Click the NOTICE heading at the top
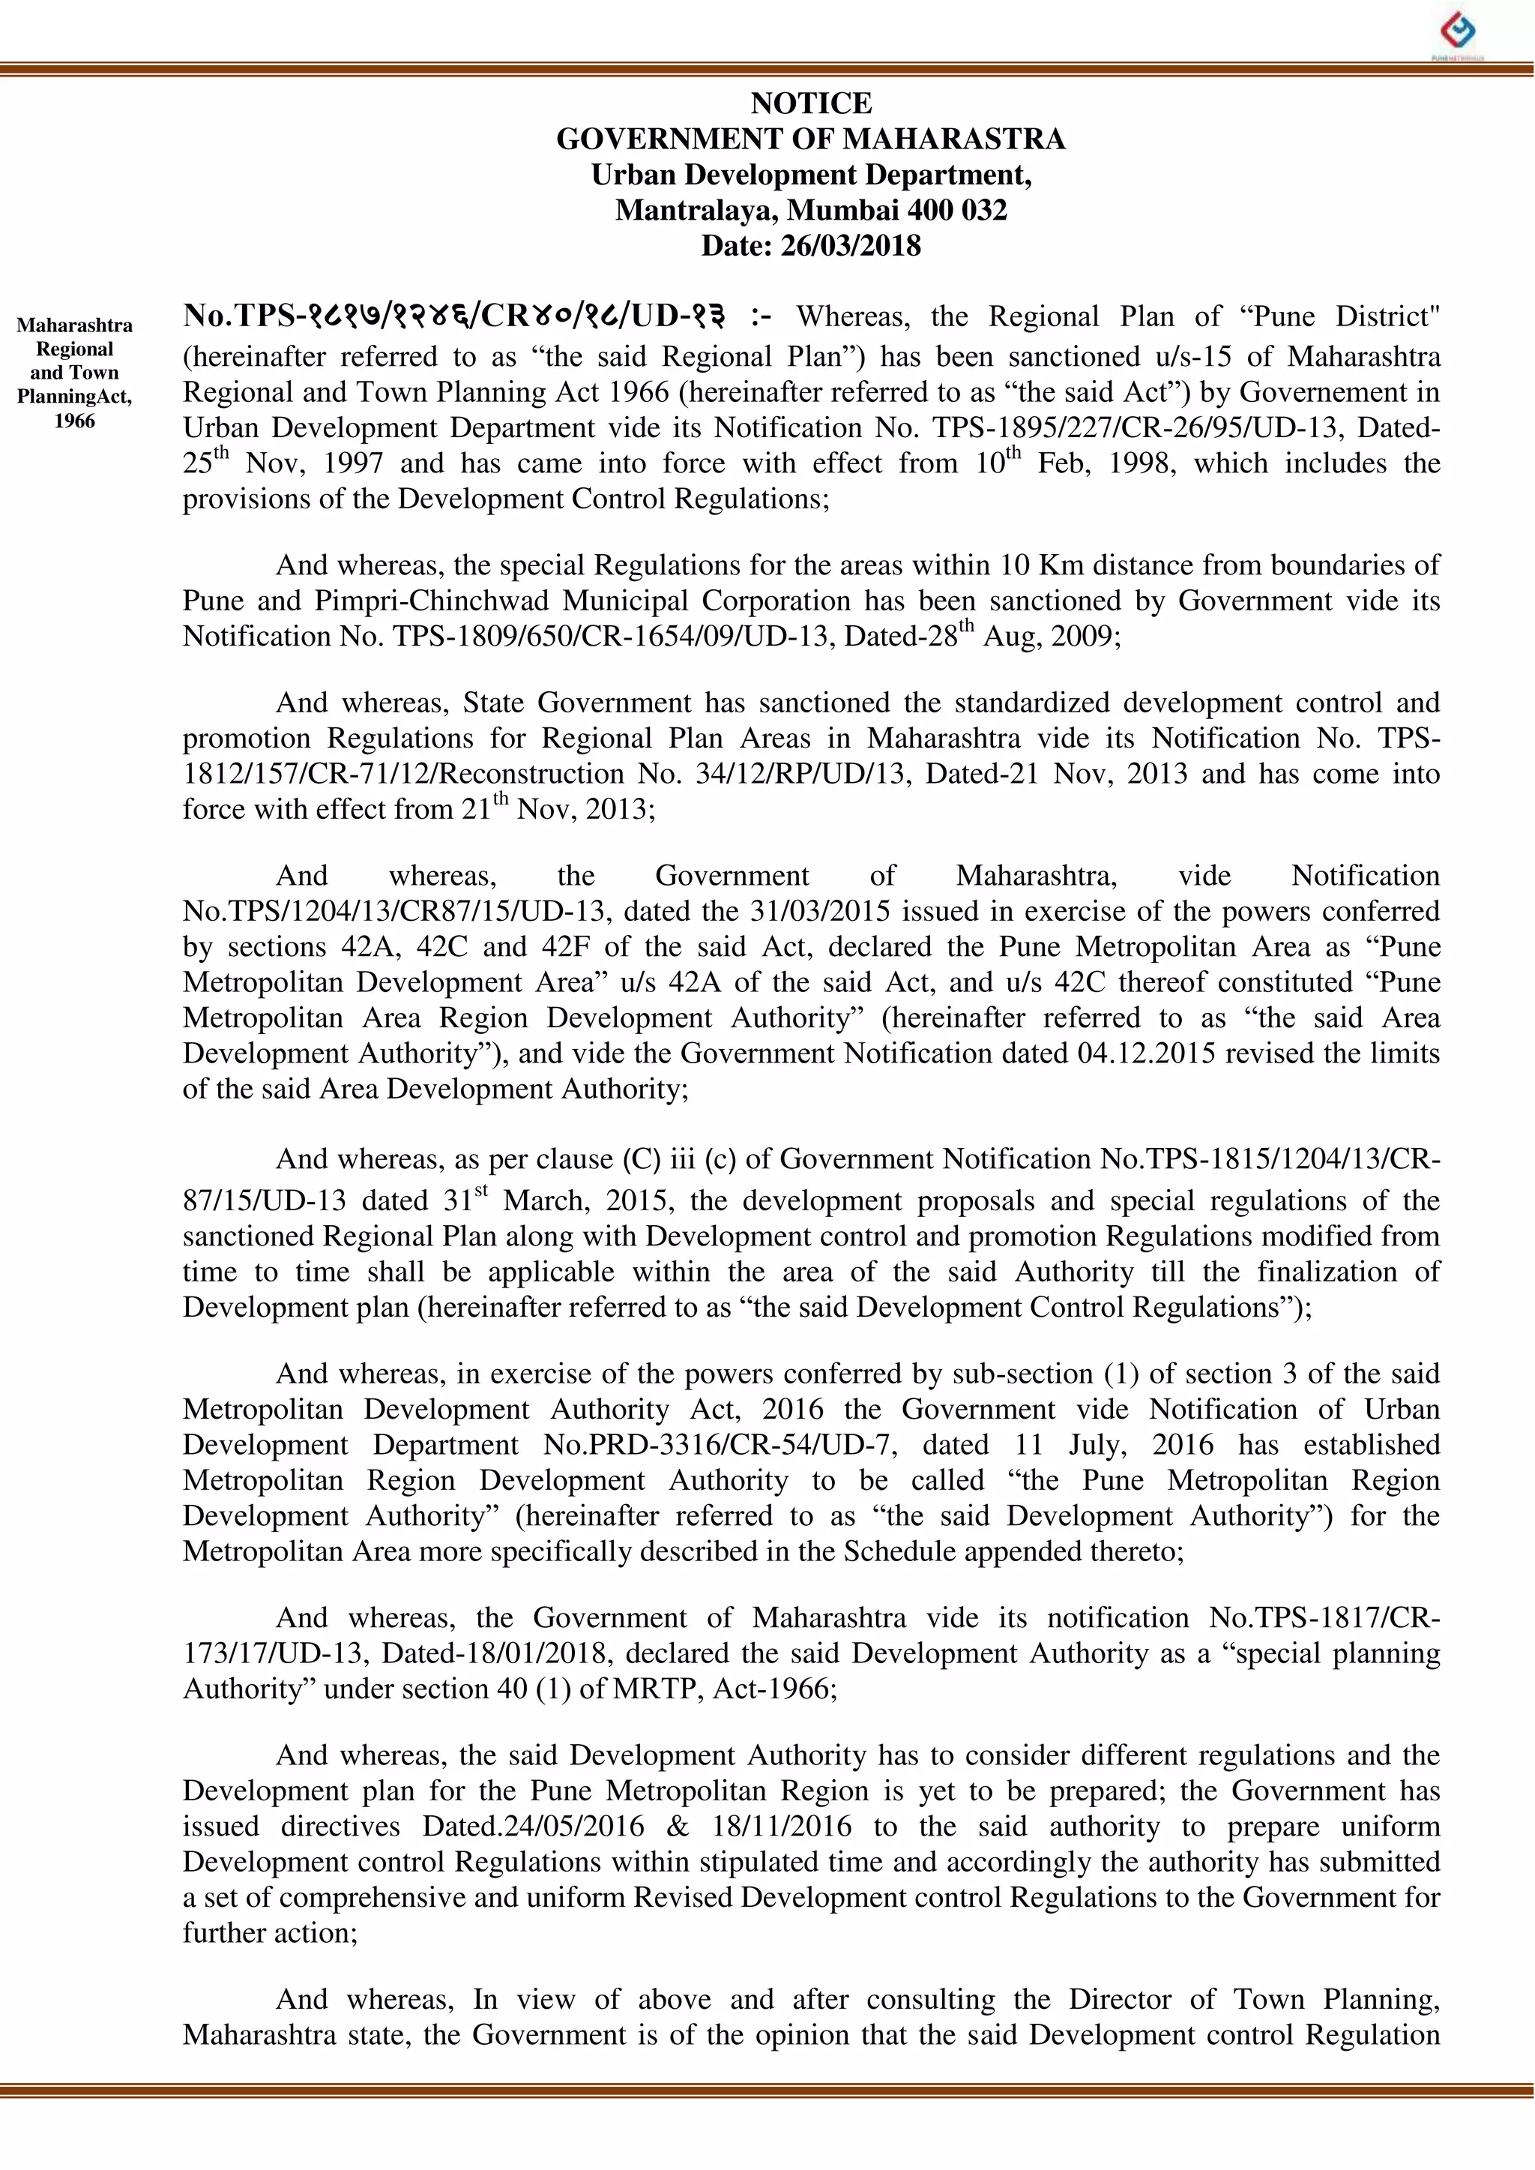(x=811, y=103)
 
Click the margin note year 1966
(x=75, y=421)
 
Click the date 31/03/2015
(x=818, y=912)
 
